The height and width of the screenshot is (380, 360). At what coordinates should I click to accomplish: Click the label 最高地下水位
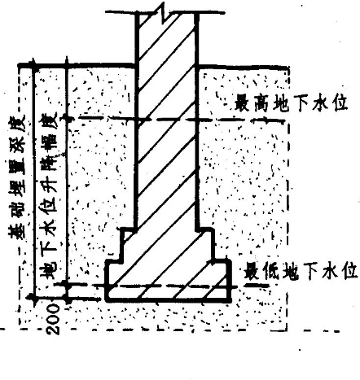291,103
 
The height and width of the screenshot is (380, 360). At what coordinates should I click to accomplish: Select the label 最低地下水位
301,271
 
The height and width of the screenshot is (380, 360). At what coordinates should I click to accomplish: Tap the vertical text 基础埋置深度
17,177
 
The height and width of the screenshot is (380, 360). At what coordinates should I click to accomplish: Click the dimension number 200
53,319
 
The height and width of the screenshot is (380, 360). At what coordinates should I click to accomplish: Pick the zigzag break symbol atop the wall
164,12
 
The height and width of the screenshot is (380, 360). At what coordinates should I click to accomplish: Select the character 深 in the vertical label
17,143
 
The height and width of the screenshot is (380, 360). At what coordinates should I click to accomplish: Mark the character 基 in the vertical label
17,230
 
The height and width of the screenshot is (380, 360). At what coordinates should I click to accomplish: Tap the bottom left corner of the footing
107,301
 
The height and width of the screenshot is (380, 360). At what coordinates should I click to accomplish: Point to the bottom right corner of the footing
230,301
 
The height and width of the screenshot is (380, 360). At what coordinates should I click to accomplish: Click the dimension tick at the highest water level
68,118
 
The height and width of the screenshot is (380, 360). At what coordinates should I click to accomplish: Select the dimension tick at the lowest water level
67,285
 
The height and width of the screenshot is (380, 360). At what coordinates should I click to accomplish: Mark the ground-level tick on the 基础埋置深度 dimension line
33,65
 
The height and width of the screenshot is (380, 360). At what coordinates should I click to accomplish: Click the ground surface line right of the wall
242,67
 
